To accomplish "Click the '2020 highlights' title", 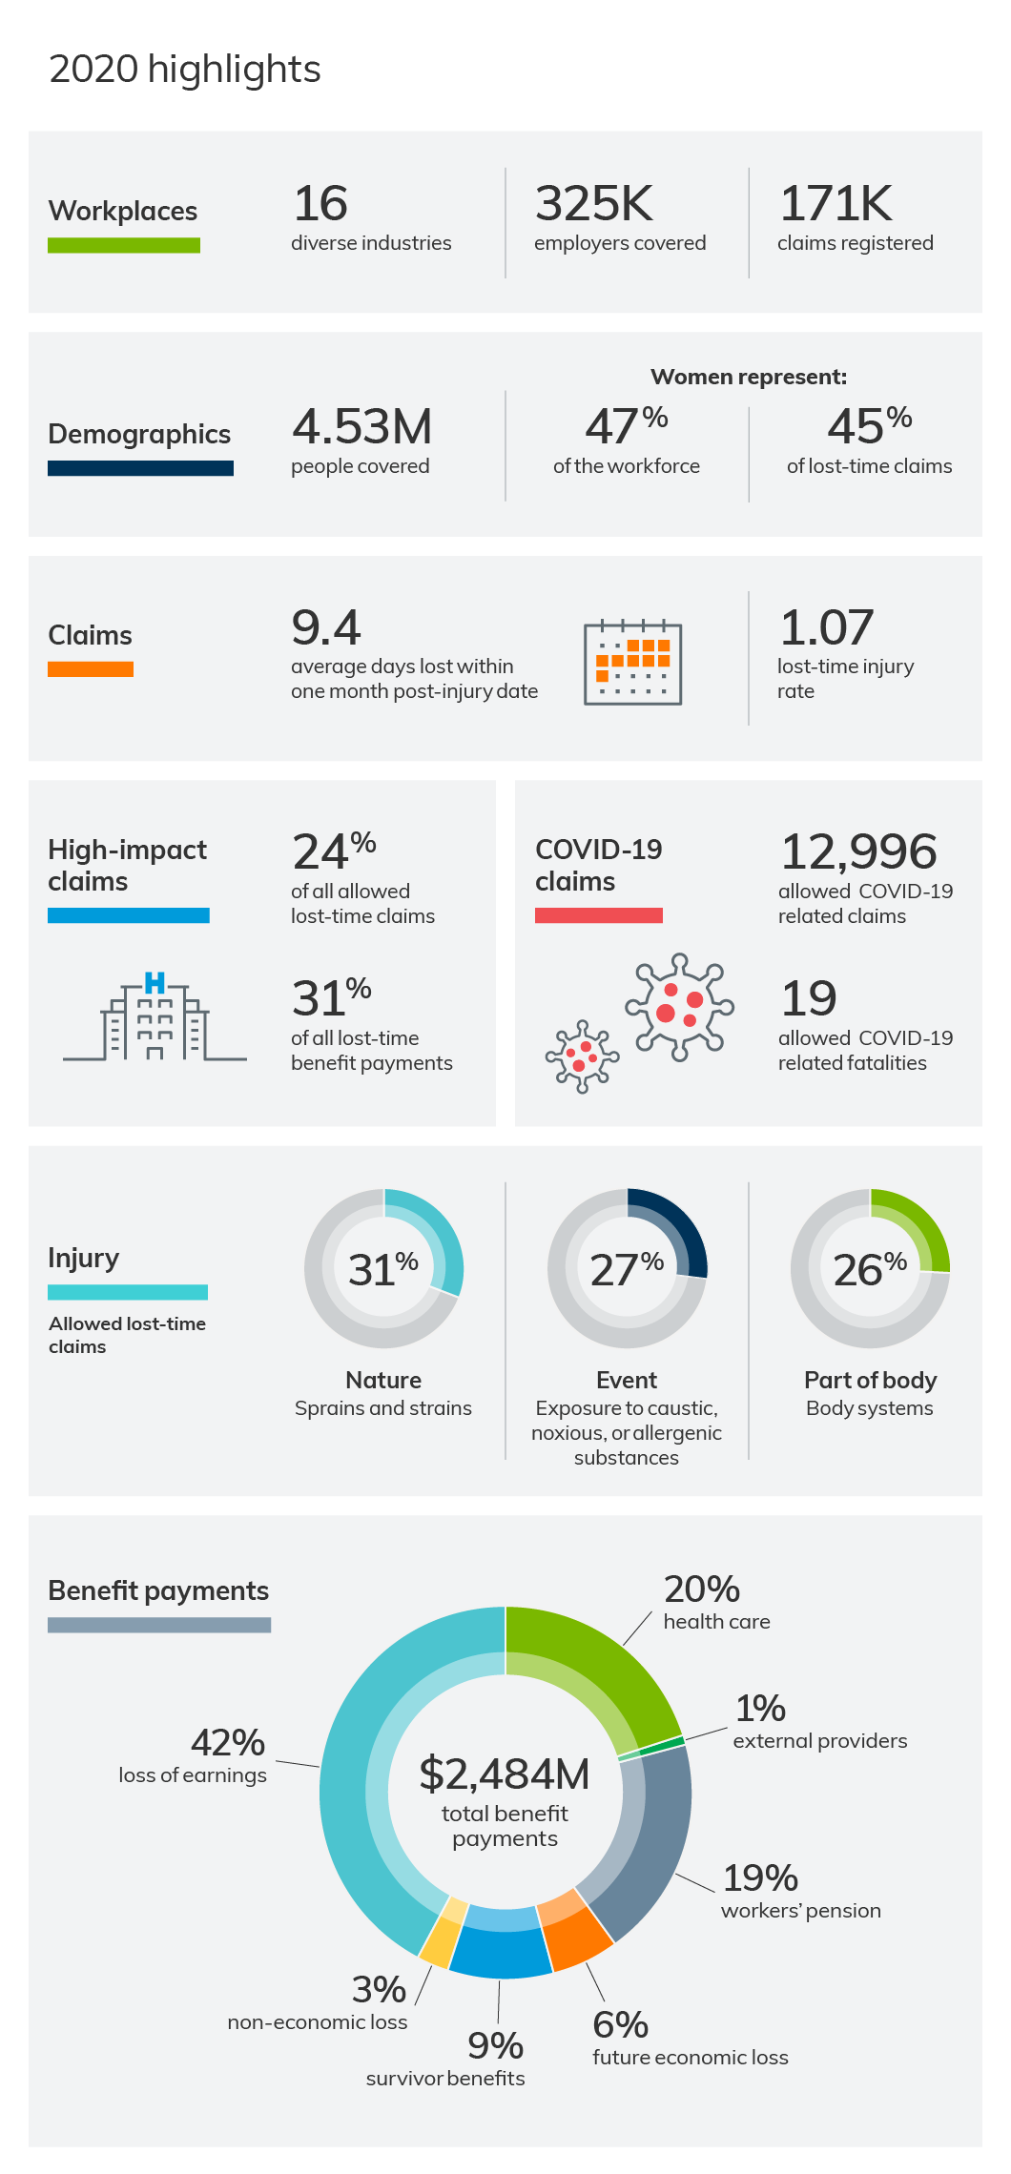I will pyautogui.click(x=184, y=70).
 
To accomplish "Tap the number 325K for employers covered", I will pyautogui.click(x=593, y=204).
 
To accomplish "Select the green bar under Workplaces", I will pyautogui.click(x=124, y=245).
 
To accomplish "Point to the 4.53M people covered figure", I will pyautogui.click(x=361, y=426).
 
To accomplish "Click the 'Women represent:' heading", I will pyautogui.click(x=748, y=377).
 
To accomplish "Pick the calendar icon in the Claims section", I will pyautogui.click(x=632, y=662).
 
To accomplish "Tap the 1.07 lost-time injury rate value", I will pyautogui.click(x=826, y=627).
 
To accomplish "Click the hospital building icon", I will pyautogui.click(x=155, y=1018).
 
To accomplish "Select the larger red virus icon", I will pyautogui.click(x=679, y=1007).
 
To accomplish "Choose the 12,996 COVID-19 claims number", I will pyautogui.click(x=857, y=851).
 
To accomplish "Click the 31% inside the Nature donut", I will pyautogui.click(x=382, y=1269).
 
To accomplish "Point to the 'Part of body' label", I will pyautogui.click(x=870, y=1380).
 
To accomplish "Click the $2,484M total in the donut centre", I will pyautogui.click(x=505, y=1774).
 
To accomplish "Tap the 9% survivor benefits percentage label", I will pyautogui.click(x=495, y=2046).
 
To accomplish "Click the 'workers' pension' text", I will pyautogui.click(x=800, y=1911).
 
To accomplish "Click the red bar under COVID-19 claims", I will pyautogui.click(x=598, y=915).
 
